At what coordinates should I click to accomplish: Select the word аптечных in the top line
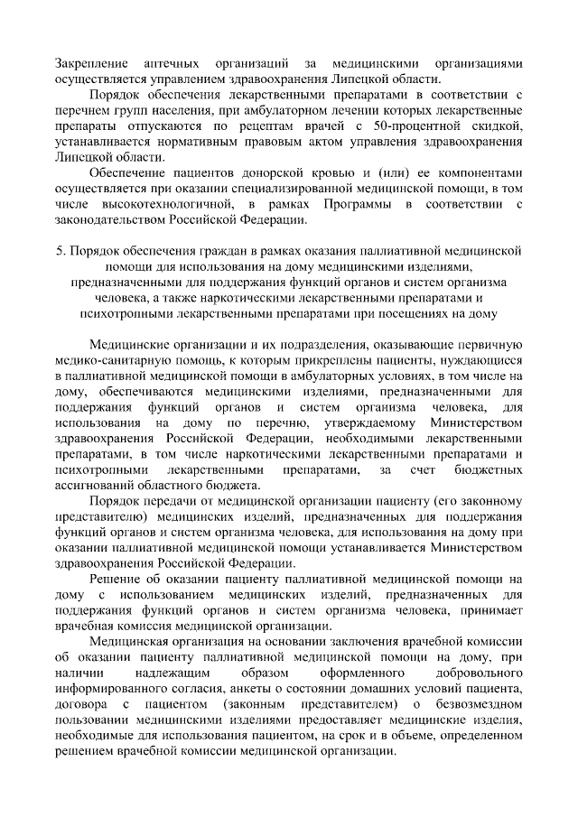pyautogui.click(x=174, y=65)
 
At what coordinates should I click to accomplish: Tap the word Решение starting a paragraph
pyautogui.click(x=116, y=579)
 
